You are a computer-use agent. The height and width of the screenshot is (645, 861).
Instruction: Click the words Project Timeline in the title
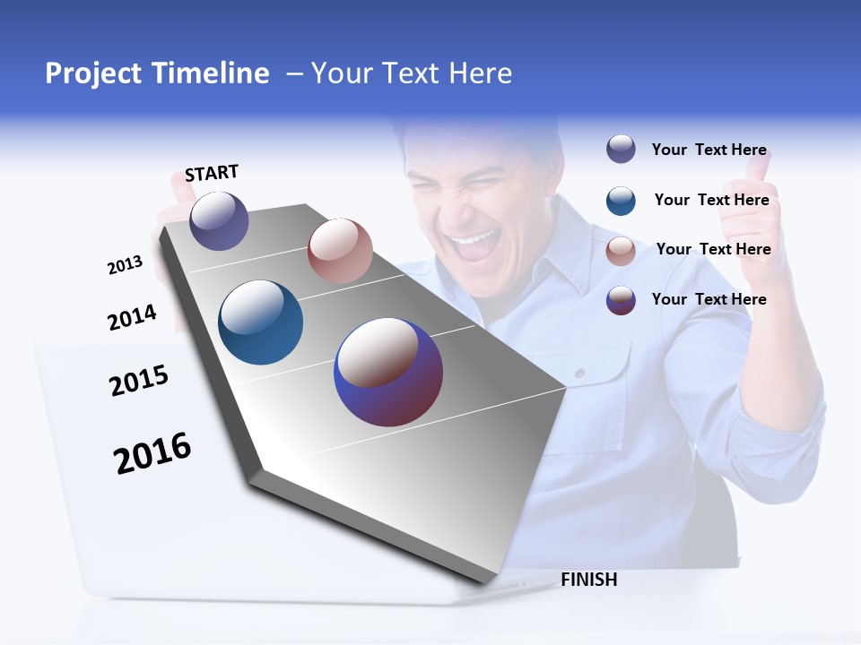pyautogui.click(x=157, y=73)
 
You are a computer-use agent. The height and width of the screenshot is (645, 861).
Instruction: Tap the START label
pyautogui.click(x=212, y=173)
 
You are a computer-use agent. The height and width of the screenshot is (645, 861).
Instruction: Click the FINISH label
pyautogui.click(x=589, y=580)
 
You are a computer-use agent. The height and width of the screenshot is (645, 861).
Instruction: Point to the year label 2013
pyautogui.click(x=125, y=265)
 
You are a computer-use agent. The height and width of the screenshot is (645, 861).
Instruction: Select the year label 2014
pyautogui.click(x=132, y=317)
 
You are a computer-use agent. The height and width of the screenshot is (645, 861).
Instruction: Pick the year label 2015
pyautogui.click(x=139, y=380)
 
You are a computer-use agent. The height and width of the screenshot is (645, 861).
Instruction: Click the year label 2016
pyautogui.click(x=152, y=452)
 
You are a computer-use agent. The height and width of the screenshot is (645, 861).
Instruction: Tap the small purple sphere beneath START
pyautogui.click(x=219, y=220)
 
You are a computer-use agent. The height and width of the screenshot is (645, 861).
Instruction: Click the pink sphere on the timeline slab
pyautogui.click(x=340, y=251)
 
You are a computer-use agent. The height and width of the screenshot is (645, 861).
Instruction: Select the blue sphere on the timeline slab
pyautogui.click(x=261, y=322)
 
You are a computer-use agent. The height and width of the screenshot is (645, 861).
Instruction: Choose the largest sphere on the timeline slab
pyautogui.click(x=388, y=372)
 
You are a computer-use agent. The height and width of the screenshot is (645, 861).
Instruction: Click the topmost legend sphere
pyautogui.click(x=621, y=149)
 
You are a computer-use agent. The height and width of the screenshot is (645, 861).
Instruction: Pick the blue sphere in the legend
pyautogui.click(x=621, y=201)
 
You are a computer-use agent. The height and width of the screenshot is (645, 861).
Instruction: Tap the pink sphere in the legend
pyautogui.click(x=621, y=251)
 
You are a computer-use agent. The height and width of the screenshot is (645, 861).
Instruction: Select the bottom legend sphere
pyautogui.click(x=621, y=300)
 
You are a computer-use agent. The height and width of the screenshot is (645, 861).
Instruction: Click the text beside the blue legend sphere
pyautogui.click(x=711, y=200)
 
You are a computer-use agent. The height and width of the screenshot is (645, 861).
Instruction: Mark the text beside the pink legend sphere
pyautogui.click(x=713, y=249)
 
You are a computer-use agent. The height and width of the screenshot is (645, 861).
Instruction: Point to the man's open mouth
pyautogui.click(x=475, y=245)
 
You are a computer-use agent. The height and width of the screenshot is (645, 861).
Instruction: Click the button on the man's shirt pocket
pyautogui.click(x=580, y=372)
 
